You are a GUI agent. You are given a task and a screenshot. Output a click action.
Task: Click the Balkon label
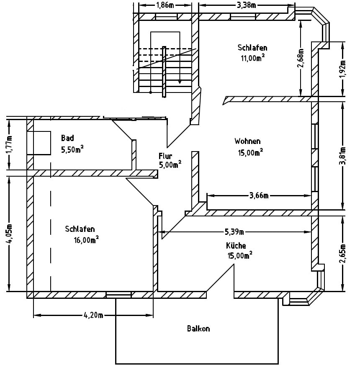pyautogui.click(x=198, y=329)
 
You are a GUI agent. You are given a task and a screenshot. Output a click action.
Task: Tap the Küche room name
pyautogui.click(x=236, y=245)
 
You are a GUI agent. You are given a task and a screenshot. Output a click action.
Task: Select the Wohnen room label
pyautogui.click(x=247, y=141)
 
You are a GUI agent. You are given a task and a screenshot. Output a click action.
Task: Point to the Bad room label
pyautogui.click(x=67, y=138)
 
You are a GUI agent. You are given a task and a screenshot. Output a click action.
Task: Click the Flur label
pyautogui.click(x=165, y=156)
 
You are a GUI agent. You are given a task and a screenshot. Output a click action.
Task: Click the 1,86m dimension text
pyautogui.click(x=165, y=5)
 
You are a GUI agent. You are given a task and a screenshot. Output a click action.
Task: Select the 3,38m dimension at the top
pyautogui.click(x=247, y=5)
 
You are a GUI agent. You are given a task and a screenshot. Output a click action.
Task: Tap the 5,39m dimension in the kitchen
pyautogui.click(x=234, y=232)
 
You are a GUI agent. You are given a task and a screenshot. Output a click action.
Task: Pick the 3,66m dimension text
pyautogui.click(x=259, y=195)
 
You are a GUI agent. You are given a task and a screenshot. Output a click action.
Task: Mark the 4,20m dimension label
pyautogui.click(x=93, y=315)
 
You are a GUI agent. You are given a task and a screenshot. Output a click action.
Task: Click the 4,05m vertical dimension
pyautogui.click(x=10, y=233)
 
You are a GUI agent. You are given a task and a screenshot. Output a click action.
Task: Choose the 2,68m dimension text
pyautogui.click(x=300, y=58)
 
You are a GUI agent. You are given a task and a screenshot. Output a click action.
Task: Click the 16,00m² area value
pyautogui.click(x=86, y=239)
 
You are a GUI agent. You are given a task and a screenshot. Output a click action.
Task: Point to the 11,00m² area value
pyautogui.click(x=252, y=58)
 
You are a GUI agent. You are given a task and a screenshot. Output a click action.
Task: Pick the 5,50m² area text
pyautogui.click(x=72, y=149)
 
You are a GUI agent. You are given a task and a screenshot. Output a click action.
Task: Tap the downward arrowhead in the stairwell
pyautogui.click(x=180, y=82)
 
